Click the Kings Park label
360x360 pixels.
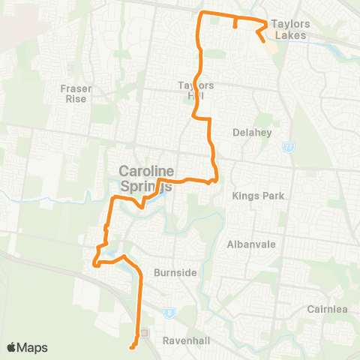(x=256, y=196)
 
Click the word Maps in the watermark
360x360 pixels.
(x=33, y=347)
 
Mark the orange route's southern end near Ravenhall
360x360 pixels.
(x=131, y=347)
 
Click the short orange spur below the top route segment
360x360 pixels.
(x=235, y=23)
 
